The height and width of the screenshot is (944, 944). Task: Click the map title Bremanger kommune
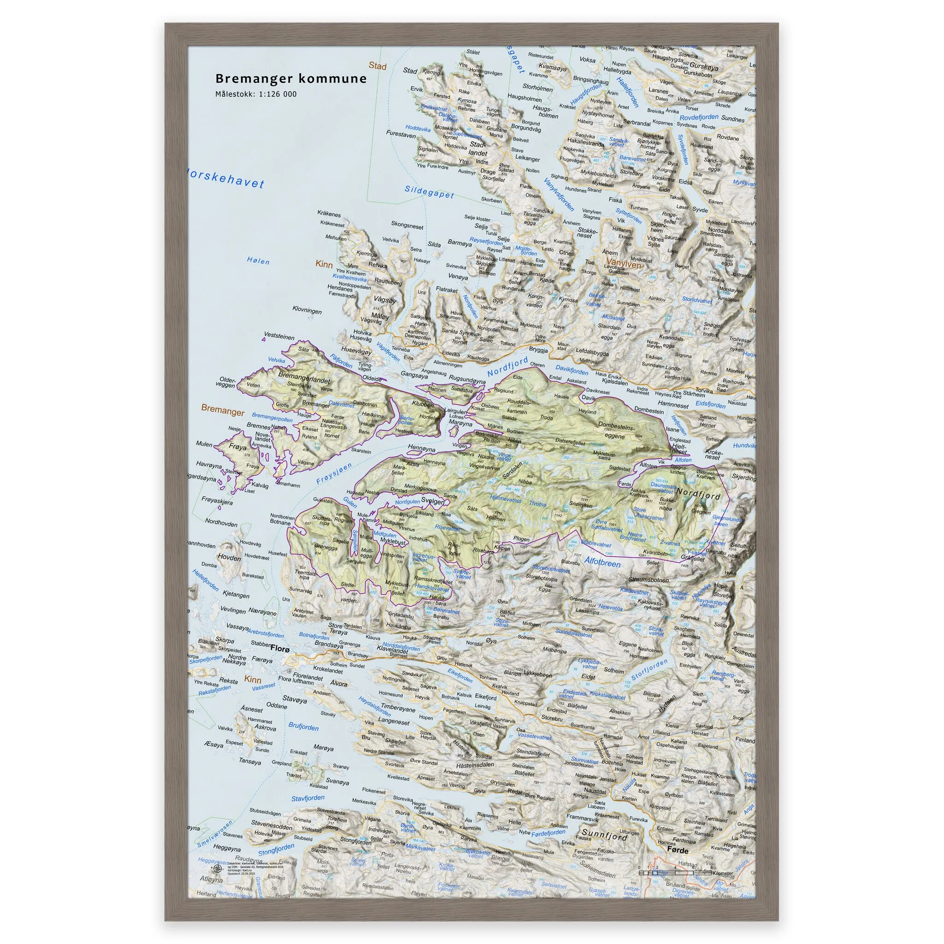291,79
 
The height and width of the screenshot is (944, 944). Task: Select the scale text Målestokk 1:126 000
255,94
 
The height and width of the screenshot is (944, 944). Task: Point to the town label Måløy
380,317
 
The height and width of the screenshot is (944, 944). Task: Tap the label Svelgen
432,501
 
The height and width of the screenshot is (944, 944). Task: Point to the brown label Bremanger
222,410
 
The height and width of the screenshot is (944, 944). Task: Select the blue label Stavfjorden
308,798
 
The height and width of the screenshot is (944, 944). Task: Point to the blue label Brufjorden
303,727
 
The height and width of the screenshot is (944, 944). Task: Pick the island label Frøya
238,447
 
